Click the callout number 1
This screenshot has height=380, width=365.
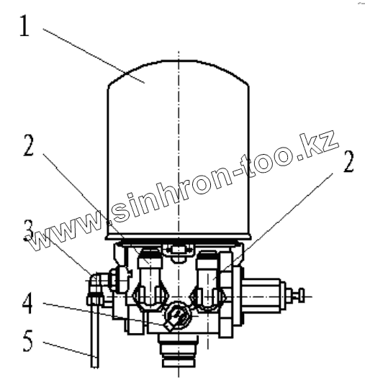(25, 26)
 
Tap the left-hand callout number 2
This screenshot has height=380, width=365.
(29, 145)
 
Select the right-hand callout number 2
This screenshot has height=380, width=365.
(348, 161)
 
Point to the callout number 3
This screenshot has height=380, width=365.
(29, 231)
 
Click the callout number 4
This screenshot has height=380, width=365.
(27, 303)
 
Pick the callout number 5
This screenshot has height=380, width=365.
(27, 340)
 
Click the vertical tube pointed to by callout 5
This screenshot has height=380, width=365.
(95, 337)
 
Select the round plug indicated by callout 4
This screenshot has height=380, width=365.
(178, 317)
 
